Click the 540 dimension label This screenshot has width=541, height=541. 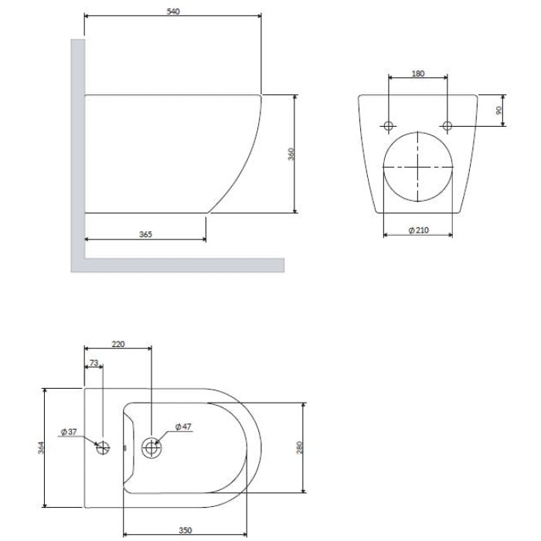(x=173, y=12)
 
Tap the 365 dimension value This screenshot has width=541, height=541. (x=145, y=234)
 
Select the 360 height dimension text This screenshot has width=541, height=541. (x=291, y=154)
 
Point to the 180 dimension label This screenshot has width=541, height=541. (x=418, y=73)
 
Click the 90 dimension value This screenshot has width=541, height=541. (x=498, y=111)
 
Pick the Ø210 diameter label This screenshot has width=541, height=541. (x=419, y=230)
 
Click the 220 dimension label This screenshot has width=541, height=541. (x=118, y=344)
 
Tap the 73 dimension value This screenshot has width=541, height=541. (x=94, y=362)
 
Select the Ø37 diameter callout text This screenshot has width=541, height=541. (x=69, y=431)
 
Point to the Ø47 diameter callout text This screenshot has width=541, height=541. (x=183, y=427)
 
